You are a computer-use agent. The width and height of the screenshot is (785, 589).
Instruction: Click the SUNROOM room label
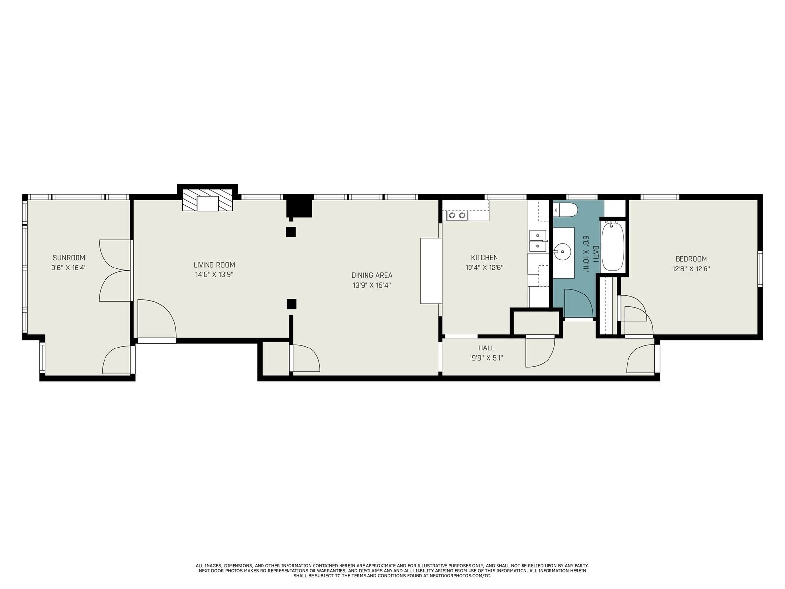[69, 258]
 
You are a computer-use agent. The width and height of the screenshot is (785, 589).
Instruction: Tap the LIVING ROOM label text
[214, 265]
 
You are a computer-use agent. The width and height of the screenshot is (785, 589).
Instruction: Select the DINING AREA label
[371, 275]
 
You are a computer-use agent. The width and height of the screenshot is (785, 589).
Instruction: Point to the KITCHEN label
[484, 258]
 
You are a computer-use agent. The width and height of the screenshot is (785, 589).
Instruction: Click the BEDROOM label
[691, 259]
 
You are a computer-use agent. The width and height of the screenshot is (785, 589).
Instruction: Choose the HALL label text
[486, 348]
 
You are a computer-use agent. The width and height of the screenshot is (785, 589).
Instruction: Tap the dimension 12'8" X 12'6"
[691, 269]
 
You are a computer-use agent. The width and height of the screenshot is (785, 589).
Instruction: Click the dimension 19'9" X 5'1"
[486, 358]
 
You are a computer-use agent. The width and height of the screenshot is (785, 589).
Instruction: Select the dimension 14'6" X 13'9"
[214, 275]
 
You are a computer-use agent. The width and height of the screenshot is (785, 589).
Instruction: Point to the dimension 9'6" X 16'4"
[69, 268]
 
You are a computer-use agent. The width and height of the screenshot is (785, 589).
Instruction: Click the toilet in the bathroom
[565, 210]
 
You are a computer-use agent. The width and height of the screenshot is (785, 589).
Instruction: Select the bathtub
[613, 247]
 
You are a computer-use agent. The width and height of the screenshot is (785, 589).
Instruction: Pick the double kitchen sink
[538, 242]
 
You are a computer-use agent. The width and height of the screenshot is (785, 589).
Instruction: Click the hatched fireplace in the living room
[207, 200]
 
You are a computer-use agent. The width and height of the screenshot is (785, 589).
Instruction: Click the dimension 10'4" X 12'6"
[484, 268]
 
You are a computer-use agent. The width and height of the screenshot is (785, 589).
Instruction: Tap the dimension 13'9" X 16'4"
[371, 285]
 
